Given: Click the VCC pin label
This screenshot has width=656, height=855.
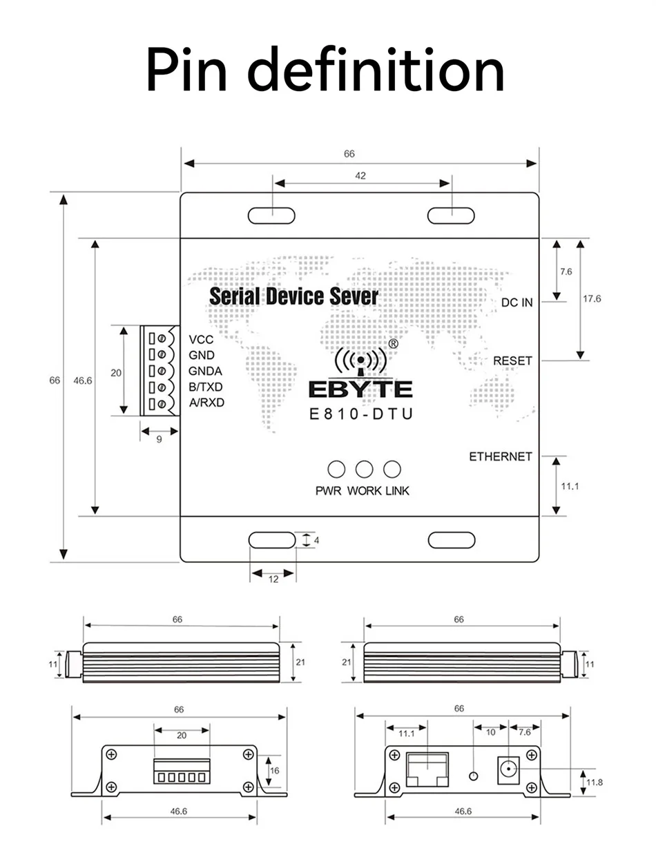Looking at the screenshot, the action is [x=201, y=339].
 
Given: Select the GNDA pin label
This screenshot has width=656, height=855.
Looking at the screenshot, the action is [x=205, y=371].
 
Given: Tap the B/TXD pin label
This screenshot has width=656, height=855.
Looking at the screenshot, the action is [x=205, y=387].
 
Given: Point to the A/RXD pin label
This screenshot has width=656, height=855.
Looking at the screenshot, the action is [x=206, y=403].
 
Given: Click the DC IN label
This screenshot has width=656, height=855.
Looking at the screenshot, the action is [x=517, y=302].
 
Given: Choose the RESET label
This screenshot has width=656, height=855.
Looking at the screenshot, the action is [x=512, y=361].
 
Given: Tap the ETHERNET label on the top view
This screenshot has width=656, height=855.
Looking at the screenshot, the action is [x=500, y=457].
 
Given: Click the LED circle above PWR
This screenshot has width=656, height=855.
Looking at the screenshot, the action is [x=336, y=469].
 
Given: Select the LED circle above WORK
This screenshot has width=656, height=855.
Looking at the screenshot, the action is [x=364, y=469].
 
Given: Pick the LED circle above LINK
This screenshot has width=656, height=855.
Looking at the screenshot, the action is [x=392, y=469].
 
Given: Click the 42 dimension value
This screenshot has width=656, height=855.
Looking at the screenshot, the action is [x=360, y=175].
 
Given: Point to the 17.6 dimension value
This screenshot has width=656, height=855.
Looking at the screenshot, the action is [x=592, y=298].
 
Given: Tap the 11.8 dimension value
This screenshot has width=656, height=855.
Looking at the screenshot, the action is [x=594, y=782].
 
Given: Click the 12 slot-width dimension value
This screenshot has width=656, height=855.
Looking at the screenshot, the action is [x=273, y=579].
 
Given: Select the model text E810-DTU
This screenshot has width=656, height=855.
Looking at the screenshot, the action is [x=361, y=414].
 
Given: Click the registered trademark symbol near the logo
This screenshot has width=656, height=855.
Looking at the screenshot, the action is [x=393, y=343].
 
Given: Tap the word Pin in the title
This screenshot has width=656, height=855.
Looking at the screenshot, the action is [x=186, y=70].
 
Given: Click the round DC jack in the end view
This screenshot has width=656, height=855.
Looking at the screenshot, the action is [x=508, y=768].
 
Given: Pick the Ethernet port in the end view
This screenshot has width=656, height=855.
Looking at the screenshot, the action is [x=427, y=769].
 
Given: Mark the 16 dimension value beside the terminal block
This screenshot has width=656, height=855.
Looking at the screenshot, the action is [x=275, y=771].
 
